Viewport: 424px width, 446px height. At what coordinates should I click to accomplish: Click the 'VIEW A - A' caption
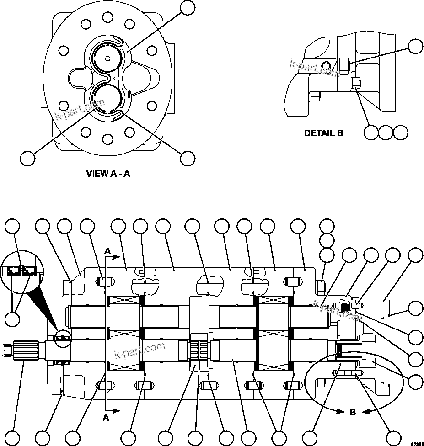click(x=108, y=174)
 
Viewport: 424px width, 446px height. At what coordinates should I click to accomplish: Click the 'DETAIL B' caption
click(x=323, y=133)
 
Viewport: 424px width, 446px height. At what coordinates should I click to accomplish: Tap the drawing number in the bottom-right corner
click(x=416, y=443)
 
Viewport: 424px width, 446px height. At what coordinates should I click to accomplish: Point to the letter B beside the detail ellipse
click(x=353, y=412)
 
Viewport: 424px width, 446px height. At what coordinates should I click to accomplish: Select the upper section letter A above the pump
click(x=107, y=250)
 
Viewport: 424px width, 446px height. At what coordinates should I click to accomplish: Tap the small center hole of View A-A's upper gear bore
click(x=107, y=58)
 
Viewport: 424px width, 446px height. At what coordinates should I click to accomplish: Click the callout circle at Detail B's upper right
click(x=415, y=47)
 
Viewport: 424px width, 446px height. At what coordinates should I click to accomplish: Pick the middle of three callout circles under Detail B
click(x=386, y=133)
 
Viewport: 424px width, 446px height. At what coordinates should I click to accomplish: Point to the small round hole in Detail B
click(x=325, y=64)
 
